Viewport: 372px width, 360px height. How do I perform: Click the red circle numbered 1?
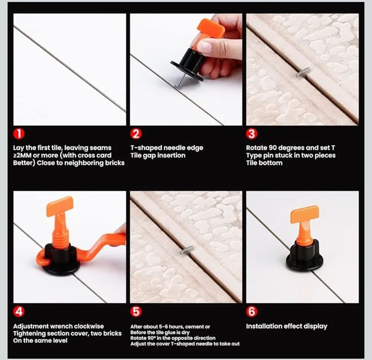(x=19, y=134)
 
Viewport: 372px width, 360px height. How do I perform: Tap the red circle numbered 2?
(x=136, y=134)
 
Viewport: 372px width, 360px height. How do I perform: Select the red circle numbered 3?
(x=252, y=134)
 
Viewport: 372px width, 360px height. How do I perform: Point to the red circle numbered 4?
(x=19, y=312)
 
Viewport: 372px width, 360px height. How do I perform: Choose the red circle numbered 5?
(x=136, y=312)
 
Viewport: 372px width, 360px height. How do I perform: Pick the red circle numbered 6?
(x=252, y=312)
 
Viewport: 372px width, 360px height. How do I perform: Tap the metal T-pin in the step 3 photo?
(x=303, y=72)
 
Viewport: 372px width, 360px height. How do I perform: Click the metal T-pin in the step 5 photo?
(x=187, y=250)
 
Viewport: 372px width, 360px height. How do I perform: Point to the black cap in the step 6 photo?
(x=305, y=257)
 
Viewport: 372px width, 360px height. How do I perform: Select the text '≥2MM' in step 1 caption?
(x=22, y=156)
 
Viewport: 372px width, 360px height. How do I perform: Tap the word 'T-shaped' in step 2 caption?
(x=145, y=148)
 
